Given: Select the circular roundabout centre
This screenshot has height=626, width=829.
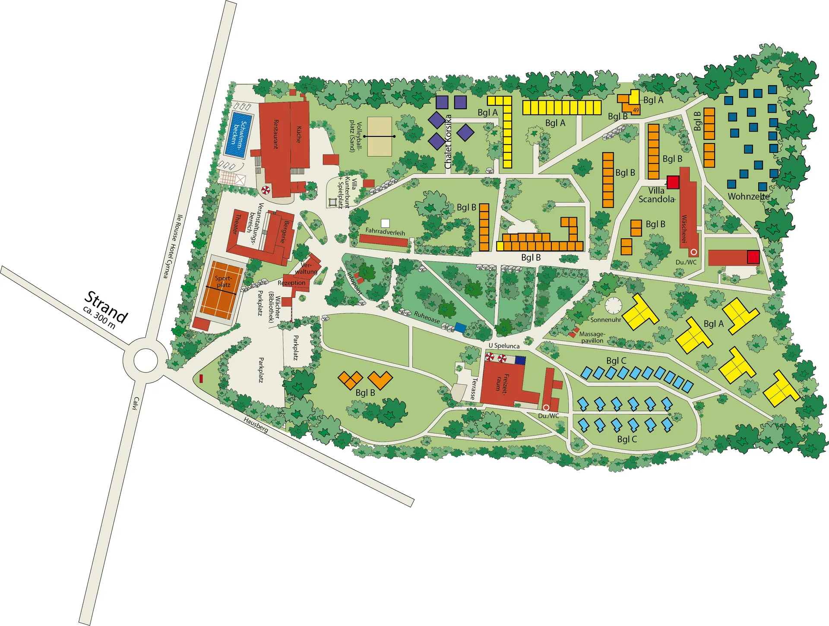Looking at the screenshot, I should pos(146,360).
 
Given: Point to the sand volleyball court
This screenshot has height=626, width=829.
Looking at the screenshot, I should pos(380,136).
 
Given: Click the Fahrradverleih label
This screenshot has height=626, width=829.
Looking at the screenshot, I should pos(385,232).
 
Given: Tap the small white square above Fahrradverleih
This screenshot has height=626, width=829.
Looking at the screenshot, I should pos(385,223).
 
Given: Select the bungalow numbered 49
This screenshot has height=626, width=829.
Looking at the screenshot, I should pos(636,110).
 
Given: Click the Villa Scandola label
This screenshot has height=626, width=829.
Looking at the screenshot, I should pos(656,195).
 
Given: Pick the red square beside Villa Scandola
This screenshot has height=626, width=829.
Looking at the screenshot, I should pos(673,182).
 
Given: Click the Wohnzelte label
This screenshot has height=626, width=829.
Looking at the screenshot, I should pos(748,196).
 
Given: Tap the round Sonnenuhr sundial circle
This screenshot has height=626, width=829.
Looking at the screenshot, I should pos(613,305).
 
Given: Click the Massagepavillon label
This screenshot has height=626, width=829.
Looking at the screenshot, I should pos(592,337).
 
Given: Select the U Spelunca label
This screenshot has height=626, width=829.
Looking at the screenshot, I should pos(504,346).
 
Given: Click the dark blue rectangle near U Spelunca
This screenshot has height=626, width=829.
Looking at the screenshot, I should pos(520,360).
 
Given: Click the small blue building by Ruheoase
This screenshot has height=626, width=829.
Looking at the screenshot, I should pos(460,328).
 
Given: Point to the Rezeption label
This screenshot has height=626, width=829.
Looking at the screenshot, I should pos(291,283).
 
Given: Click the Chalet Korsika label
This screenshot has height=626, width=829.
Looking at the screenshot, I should pos(448,141).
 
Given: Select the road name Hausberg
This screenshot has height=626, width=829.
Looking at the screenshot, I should pos(256,425).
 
